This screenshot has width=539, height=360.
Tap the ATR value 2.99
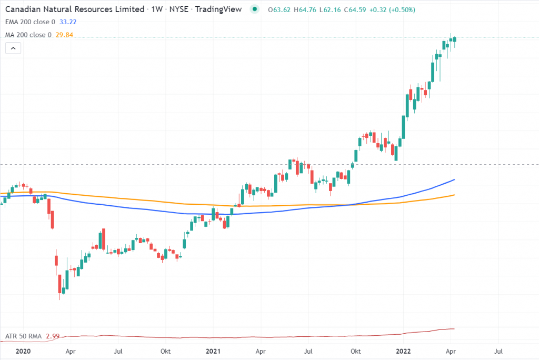pyautogui.click(x=52, y=336)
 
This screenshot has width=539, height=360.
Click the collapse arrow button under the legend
pyautogui.click(x=13, y=48)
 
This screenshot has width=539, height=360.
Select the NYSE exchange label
pyautogui.click(x=178, y=9)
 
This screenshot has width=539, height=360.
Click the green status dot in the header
pyautogui.click(x=255, y=9)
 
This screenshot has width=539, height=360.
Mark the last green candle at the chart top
pyautogui.click(x=455, y=39)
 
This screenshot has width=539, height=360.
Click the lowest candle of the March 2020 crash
pyautogui.click(x=60, y=289)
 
